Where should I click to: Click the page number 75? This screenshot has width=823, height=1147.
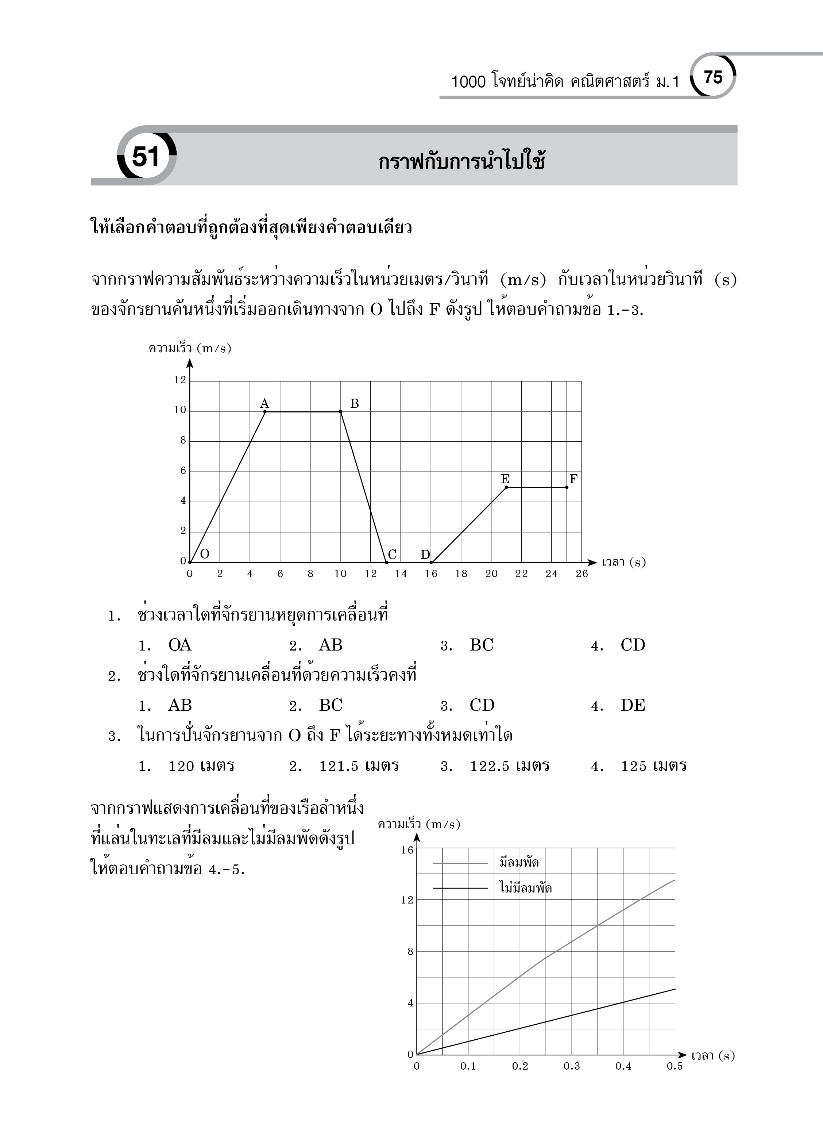(x=713, y=77)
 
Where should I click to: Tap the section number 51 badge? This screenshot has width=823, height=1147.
(x=146, y=156)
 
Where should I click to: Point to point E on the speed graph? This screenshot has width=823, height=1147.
(x=506, y=487)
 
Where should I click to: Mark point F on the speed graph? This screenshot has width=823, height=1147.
(x=567, y=487)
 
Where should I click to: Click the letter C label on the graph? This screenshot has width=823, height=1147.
(x=392, y=555)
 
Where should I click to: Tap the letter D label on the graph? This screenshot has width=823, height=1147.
(x=425, y=555)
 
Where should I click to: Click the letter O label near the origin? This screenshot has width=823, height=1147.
(x=204, y=554)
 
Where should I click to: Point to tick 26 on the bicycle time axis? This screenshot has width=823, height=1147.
(x=581, y=574)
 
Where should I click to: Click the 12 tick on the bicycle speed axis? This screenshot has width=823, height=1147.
(x=180, y=380)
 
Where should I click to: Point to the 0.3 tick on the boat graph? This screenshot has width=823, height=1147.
(x=572, y=1066)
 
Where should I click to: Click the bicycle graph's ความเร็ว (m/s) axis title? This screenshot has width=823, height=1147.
(x=190, y=349)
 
